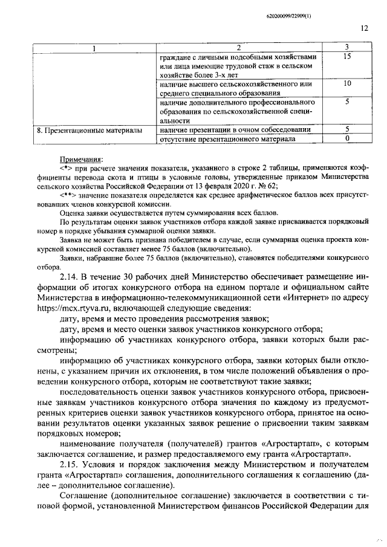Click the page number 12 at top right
pos(364,28)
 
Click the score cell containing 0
pos(347,139)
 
